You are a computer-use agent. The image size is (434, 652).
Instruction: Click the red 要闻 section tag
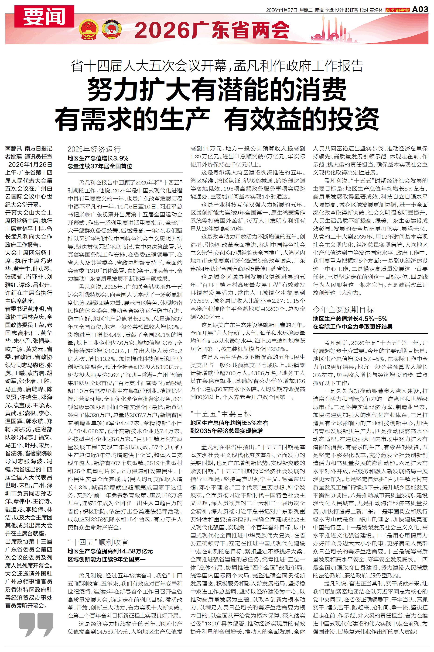point(44,16)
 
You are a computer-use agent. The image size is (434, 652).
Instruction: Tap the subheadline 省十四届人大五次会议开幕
point(151,66)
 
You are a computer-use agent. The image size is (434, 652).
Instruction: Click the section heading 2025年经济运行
point(94,149)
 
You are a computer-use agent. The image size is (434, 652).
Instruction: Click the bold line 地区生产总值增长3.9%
point(98,158)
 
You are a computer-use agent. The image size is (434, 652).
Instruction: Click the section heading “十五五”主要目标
point(221,414)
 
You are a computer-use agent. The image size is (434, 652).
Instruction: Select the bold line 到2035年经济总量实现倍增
point(226,431)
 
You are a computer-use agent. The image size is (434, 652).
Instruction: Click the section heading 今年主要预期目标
point(343,309)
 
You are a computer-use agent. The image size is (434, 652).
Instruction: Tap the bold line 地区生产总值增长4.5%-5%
point(350,319)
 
